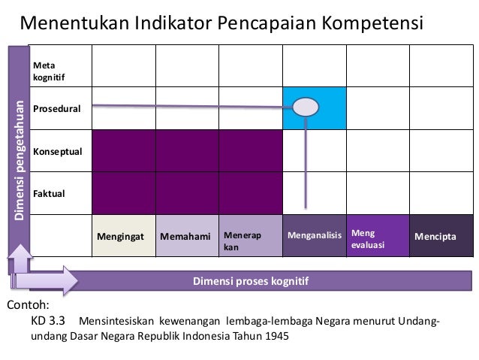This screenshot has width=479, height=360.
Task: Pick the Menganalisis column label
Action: (314, 236)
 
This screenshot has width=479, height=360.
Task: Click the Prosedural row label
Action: (56, 109)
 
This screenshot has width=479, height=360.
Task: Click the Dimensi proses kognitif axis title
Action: (251, 282)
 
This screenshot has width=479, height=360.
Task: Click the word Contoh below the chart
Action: (27, 305)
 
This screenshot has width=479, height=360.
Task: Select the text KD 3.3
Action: (48, 321)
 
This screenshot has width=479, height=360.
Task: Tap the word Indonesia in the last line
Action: (218, 336)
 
